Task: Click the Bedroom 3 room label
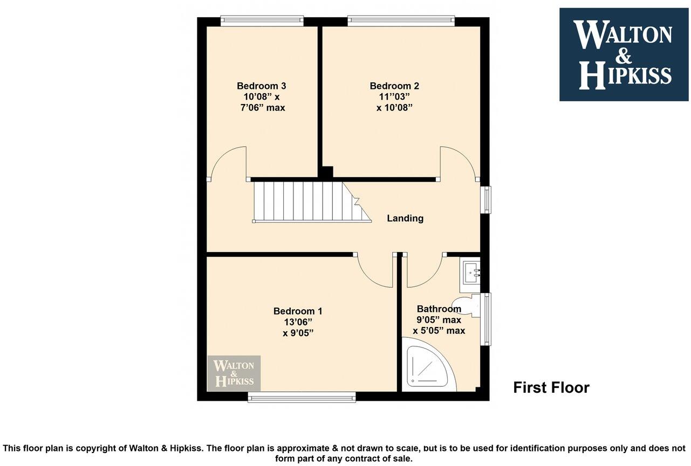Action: [x=261, y=86]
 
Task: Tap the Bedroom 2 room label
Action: [x=394, y=86]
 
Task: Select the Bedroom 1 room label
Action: [x=298, y=311]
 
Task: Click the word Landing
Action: [x=405, y=218]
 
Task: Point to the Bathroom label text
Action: [x=439, y=309]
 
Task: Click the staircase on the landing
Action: [x=307, y=201]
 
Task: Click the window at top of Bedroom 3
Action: [x=262, y=20]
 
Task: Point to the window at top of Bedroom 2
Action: [x=401, y=20]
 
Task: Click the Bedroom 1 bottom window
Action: [x=302, y=398]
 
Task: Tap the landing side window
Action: [x=487, y=199]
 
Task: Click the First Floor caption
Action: [x=551, y=387]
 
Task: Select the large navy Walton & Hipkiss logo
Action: [x=624, y=54]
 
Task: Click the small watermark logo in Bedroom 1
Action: [x=234, y=373]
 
